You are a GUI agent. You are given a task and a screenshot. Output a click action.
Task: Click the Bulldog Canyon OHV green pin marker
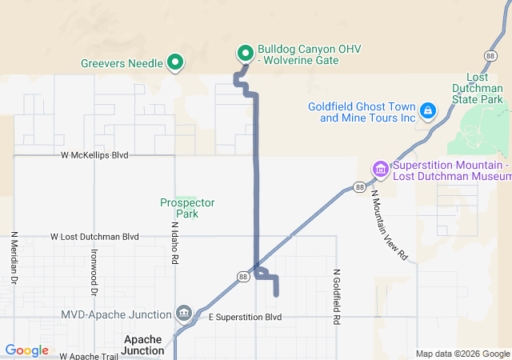(x=245, y=54)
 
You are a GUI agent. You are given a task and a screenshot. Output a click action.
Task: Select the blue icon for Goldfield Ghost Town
(x=428, y=110)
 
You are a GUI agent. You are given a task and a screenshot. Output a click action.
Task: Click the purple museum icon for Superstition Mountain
(x=380, y=169)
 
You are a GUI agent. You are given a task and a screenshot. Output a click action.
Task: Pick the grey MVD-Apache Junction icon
(x=184, y=313)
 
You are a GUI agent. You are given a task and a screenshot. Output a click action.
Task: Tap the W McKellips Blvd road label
(x=94, y=154)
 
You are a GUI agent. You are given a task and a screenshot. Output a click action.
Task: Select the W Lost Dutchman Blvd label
(x=94, y=237)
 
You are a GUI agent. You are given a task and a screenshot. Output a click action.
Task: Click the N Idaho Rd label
(x=174, y=243)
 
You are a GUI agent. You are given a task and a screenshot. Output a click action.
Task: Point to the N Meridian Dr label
(x=14, y=258)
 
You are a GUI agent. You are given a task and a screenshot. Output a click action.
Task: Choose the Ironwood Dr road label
(x=94, y=272)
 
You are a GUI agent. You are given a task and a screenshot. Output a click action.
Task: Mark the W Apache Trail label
(x=87, y=355)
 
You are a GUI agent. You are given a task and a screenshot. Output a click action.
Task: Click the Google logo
(x=26, y=350)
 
